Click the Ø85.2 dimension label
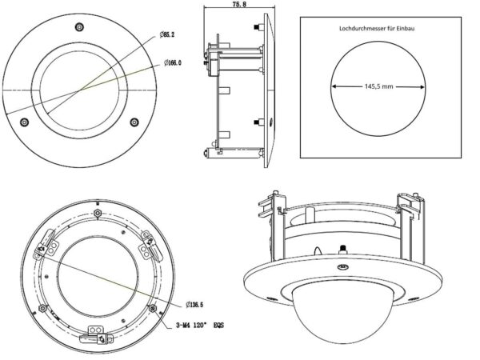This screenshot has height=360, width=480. [167, 34]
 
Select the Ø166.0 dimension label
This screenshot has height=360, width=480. [172, 62]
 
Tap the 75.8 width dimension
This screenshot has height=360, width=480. [239, 4]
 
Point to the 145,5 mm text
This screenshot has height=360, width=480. [378, 86]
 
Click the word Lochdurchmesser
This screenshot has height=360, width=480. [360, 29]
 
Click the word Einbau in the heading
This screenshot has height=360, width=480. [406, 29]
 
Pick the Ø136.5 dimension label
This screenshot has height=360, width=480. [194, 305]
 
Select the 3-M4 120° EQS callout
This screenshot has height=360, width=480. [199, 325]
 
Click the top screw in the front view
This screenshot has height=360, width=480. [79, 27]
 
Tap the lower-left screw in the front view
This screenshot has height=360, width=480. [24, 122]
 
